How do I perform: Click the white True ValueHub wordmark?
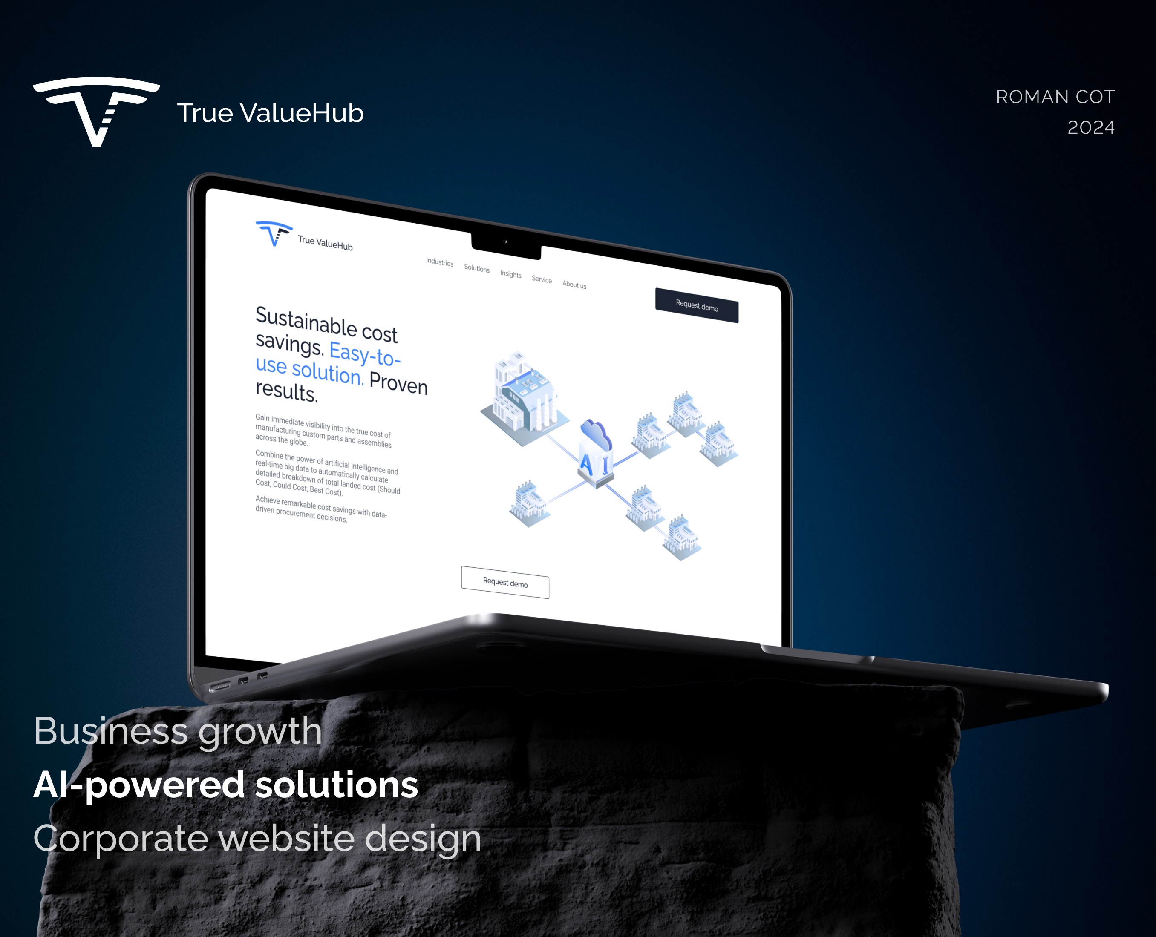(x=270, y=113)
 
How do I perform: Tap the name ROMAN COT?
(x=1055, y=97)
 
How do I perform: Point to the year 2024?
(x=1091, y=128)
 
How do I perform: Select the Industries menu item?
(x=439, y=262)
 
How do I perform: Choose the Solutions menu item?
(x=477, y=268)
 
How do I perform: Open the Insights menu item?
(x=511, y=274)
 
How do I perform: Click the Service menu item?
(x=542, y=279)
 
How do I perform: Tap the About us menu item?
(x=574, y=285)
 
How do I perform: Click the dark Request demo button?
(x=697, y=305)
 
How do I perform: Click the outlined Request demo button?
(x=505, y=582)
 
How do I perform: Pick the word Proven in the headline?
(x=398, y=384)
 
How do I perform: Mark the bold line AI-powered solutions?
(x=226, y=785)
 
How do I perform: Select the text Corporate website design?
(x=257, y=839)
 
